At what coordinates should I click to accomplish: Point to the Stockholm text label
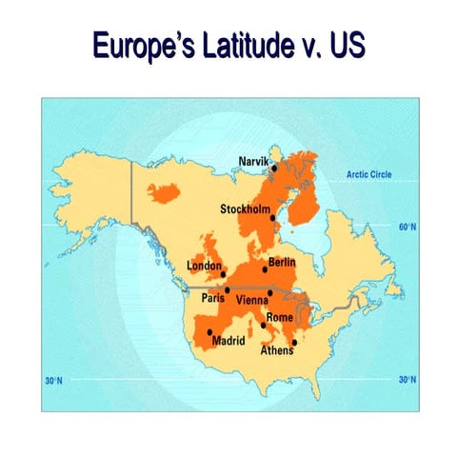245,209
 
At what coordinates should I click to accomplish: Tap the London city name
204,265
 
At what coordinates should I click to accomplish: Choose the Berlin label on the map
282,261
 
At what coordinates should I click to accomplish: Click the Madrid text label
228,340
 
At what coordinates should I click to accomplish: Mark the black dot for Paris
227,289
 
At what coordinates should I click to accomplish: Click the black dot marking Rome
264,326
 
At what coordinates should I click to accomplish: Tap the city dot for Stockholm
273,218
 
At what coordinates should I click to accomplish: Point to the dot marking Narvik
274,168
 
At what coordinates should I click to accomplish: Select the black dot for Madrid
209,332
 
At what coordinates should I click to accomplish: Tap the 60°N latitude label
407,228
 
